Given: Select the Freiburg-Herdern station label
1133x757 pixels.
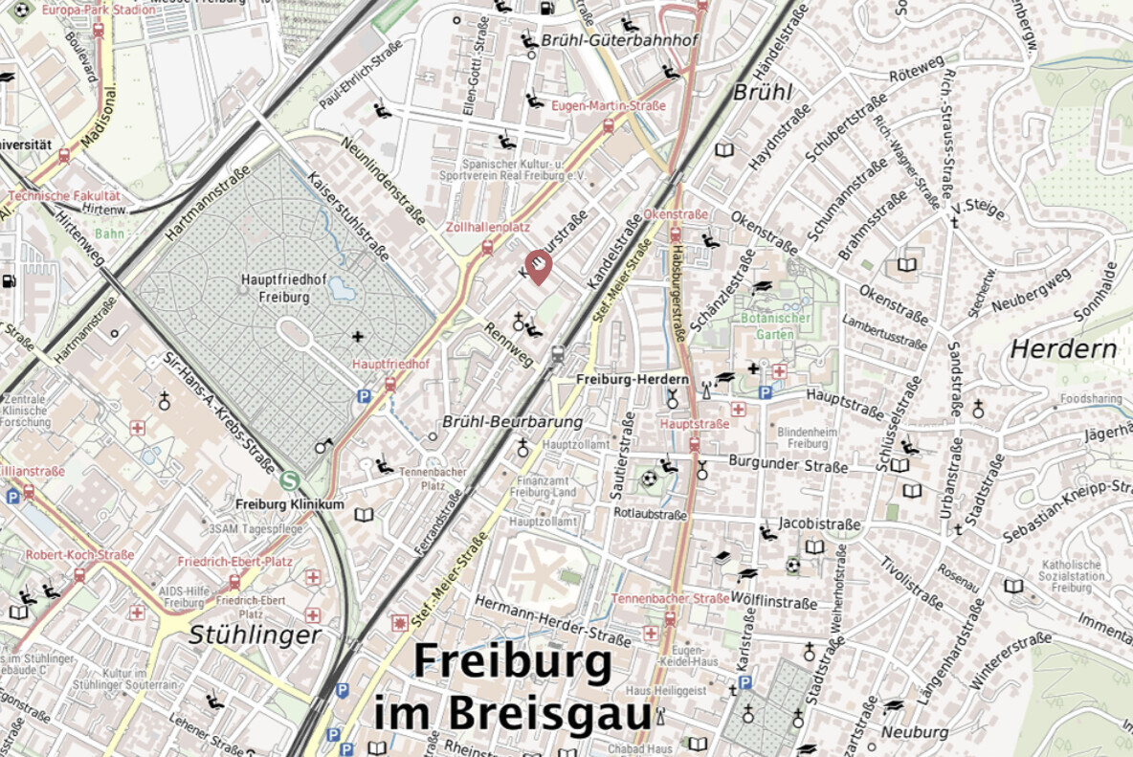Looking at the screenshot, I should pos(632,380).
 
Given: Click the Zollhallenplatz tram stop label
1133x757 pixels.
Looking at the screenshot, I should pos(487,228).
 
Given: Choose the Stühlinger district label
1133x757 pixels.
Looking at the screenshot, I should pos(255,635).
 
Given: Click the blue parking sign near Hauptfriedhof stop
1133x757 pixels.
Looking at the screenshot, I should pos(364,395).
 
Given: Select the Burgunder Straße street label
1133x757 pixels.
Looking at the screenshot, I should pos(788,466).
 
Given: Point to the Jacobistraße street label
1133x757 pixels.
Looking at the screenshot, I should pos(820,524).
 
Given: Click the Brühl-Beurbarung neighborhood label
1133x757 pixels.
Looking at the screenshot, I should pos(512,421).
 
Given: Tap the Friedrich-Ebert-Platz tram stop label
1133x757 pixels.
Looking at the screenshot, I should pos(234,562).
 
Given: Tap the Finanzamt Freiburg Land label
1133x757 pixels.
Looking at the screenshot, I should pos(543,486).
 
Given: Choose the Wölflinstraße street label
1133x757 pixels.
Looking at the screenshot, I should pos(773,603).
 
